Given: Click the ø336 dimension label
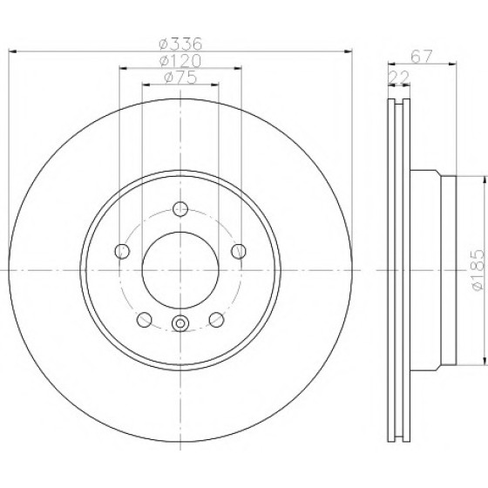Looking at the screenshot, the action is [x=180, y=44].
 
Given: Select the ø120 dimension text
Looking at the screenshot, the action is [x=180, y=61].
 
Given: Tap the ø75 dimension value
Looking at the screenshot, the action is [x=180, y=78].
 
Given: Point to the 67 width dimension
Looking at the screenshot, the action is [x=422, y=57].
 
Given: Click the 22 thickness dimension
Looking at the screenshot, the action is [x=399, y=78].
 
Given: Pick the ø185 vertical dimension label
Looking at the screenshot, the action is [x=478, y=270].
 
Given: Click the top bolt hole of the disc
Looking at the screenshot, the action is [x=180, y=209].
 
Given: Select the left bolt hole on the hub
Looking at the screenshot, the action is [x=122, y=251].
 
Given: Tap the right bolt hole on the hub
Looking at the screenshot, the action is [x=239, y=251].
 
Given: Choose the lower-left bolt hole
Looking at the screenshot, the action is [x=145, y=320].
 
